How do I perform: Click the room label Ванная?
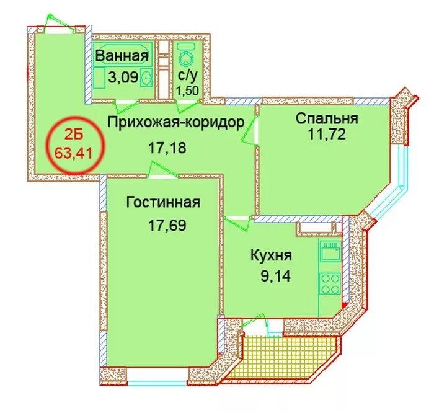tap(122, 56)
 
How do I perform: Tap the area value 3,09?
tap(123, 78)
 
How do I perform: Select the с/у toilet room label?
tap(188, 75)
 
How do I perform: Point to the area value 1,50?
tap(188, 91)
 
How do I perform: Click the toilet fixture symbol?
tap(188, 56)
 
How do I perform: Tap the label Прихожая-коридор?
tap(175, 122)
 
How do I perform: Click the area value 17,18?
tap(167, 148)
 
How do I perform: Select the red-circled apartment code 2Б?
tap(74, 136)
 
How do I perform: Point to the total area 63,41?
tap(73, 153)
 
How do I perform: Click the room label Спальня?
tap(327, 118)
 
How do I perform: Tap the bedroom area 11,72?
tap(327, 135)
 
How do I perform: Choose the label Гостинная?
tap(163, 202)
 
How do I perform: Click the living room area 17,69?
tap(167, 225)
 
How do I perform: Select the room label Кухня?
tap(271, 255)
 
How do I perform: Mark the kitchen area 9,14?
tap(276, 276)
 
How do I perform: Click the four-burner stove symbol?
tap(330, 283)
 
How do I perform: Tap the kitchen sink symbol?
tap(330, 251)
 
